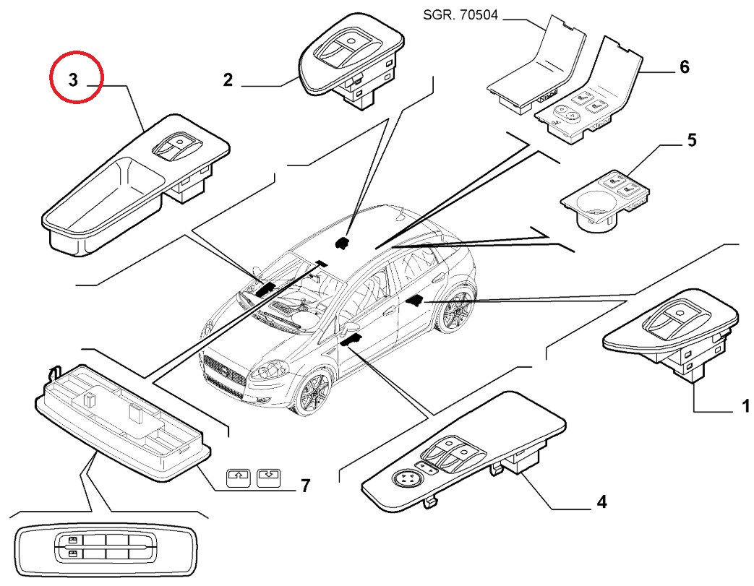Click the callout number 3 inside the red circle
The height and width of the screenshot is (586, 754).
click(74, 79)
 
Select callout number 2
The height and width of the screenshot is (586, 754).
click(228, 79)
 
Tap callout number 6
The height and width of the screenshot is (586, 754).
click(684, 67)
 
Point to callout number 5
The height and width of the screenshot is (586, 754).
click(692, 139)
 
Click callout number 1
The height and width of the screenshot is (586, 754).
click(745, 408)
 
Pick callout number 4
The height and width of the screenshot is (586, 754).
click(601, 501)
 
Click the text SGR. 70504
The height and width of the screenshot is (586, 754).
click(460, 14)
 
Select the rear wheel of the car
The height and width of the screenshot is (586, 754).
click(455, 316)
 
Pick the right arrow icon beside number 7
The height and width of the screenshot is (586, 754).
click(267, 477)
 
